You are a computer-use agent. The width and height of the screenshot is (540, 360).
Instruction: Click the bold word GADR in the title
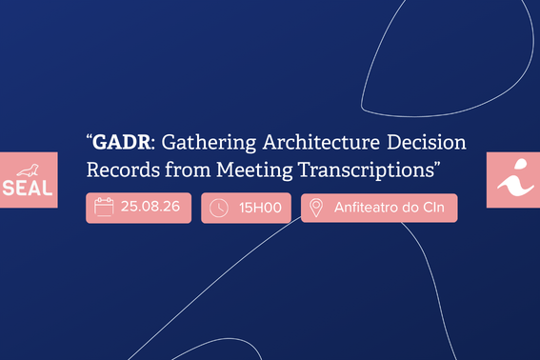(x=122, y=142)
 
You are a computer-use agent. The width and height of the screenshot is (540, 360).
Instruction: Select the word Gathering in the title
(x=209, y=143)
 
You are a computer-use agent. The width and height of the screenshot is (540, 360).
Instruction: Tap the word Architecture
(x=321, y=142)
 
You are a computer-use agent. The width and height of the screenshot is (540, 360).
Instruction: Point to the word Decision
(x=427, y=142)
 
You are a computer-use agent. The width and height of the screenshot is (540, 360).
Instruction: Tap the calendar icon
(x=104, y=207)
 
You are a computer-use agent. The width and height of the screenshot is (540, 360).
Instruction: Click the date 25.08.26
(x=150, y=207)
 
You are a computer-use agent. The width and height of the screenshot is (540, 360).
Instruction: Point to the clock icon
(x=219, y=208)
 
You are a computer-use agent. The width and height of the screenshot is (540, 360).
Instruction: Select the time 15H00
(x=260, y=208)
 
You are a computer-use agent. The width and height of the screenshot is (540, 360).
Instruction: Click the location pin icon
(x=316, y=208)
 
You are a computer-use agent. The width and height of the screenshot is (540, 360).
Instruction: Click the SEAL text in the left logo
(x=28, y=189)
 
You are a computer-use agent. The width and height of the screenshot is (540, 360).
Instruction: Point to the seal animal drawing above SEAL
(x=29, y=170)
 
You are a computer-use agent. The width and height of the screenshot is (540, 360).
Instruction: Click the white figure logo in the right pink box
(x=515, y=178)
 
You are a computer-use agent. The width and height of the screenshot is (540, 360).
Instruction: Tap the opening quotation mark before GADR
(x=90, y=137)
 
